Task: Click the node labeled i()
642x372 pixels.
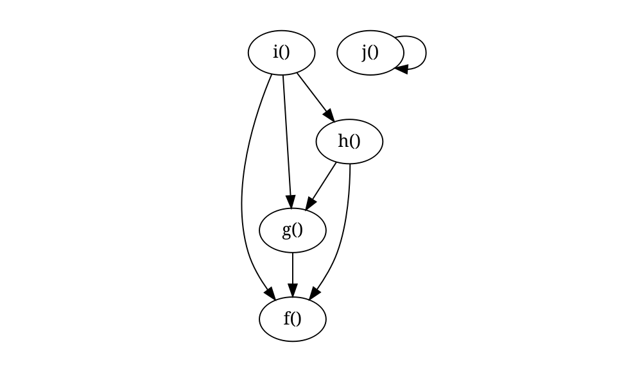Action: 281,53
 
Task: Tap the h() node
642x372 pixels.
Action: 349,141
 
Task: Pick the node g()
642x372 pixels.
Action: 293,230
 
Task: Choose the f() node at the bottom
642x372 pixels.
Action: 293,319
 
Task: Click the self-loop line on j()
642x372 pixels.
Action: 426,51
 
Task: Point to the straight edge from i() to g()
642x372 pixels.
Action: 286,135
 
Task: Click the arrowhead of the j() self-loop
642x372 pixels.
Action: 401,67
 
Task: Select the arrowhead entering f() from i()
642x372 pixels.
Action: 270,294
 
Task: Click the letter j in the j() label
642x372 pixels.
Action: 365,53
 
